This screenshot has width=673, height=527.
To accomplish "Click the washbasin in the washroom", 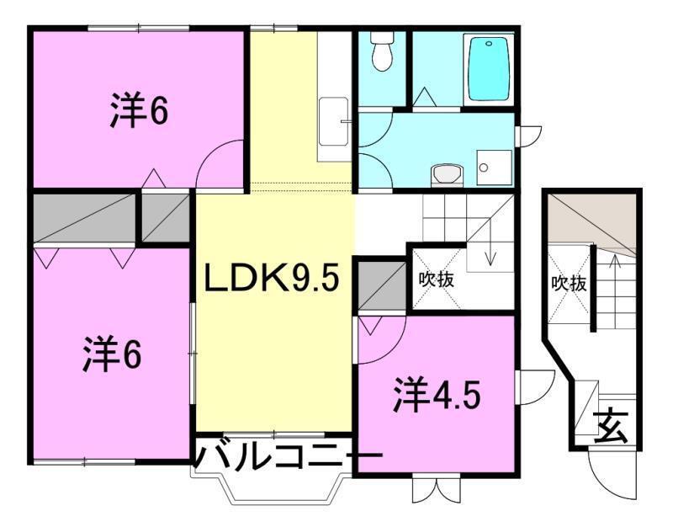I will click(447, 175).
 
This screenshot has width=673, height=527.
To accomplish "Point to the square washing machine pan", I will click(494, 167).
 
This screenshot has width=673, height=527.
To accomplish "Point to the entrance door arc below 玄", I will click(604, 479).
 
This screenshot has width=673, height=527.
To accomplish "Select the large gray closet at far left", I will click(84, 218).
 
